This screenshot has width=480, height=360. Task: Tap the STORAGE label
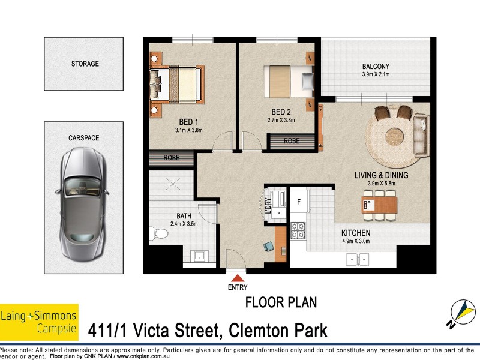pyautogui.click(x=85, y=64)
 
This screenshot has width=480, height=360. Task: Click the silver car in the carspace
pyautogui.click(x=84, y=201)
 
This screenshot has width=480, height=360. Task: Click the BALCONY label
pyautogui.click(x=376, y=67)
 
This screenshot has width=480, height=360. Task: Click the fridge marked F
pyautogui.click(x=298, y=202)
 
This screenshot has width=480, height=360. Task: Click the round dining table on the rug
pyautogui.click(x=395, y=133)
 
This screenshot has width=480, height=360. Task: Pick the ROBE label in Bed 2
pyautogui.click(x=292, y=142)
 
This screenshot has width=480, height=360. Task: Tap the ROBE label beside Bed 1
pyautogui.click(x=172, y=159)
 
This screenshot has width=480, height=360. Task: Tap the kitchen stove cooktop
pyautogui.click(x=298, y=231)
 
